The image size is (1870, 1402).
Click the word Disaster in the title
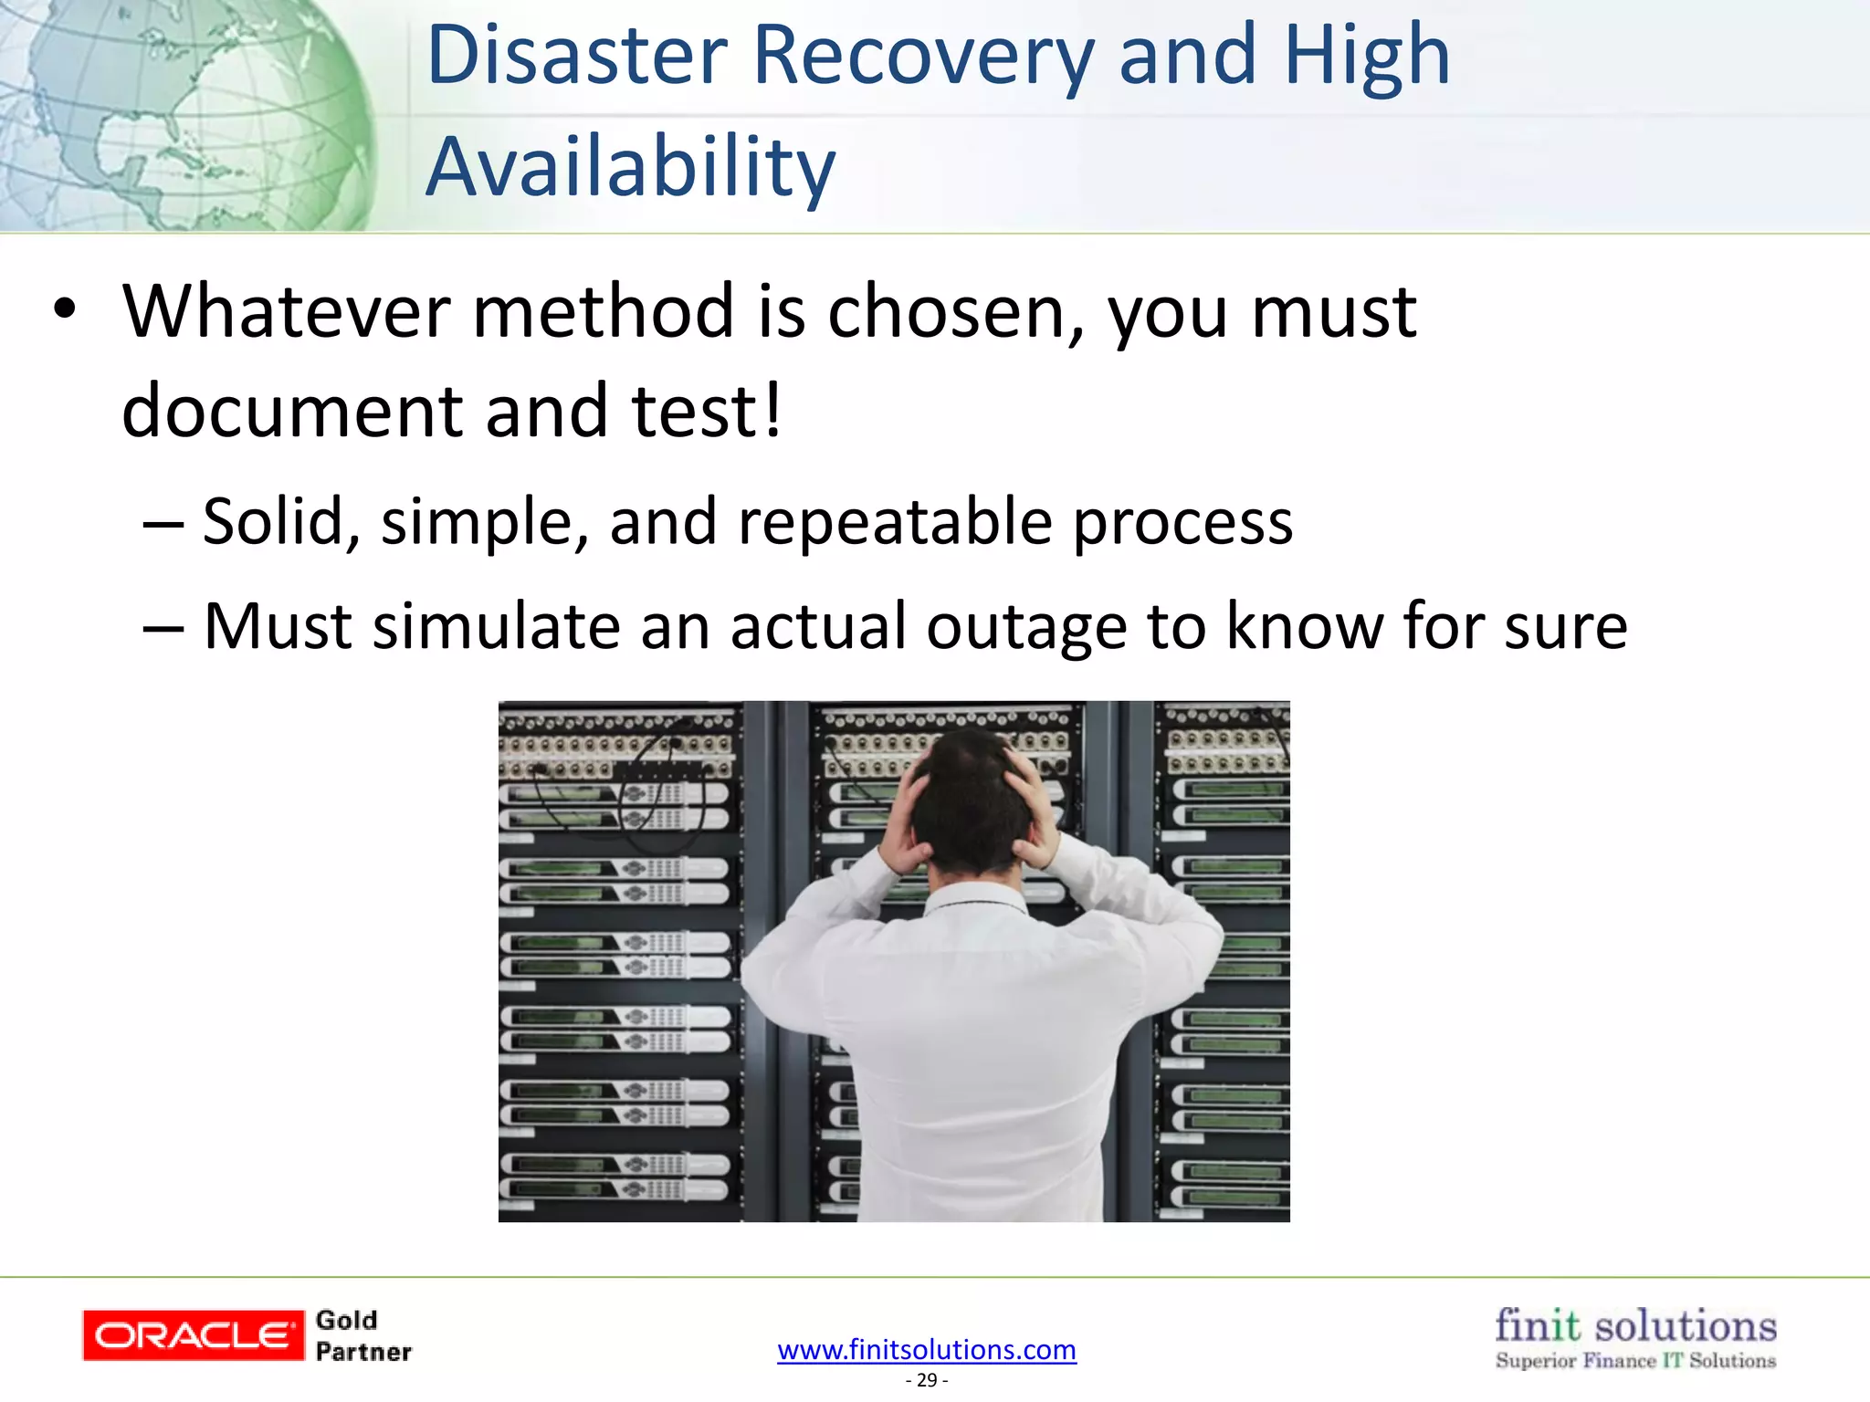(577, 57)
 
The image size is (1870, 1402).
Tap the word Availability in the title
(630, 168)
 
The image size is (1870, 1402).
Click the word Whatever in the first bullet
(287, 312)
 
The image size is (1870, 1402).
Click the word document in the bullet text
(290, 411)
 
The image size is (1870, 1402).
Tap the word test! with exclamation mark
(707, 411)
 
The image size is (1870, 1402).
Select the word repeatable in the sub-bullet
(895, 522)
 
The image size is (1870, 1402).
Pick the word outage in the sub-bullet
(1025, 628)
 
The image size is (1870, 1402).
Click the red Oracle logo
(193, 1335)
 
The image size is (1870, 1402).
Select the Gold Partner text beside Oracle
(362, 1335)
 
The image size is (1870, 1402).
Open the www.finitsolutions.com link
(926, 1349)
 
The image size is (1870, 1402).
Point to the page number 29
(926, 1380)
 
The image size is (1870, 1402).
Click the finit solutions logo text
(1635, 1326)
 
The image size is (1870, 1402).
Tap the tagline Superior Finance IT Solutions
(1635, 1361)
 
